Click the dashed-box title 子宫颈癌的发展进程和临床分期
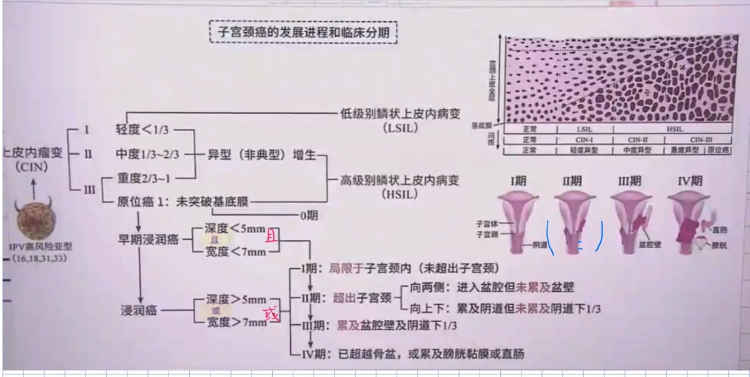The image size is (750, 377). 303,30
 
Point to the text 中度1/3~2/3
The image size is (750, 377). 148,154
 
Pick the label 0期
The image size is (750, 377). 310,216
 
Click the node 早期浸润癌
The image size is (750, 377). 148,239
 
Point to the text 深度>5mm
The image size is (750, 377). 236,300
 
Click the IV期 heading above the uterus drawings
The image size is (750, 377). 690,181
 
